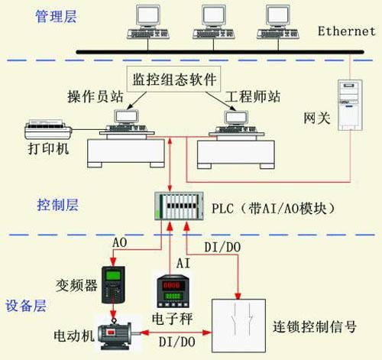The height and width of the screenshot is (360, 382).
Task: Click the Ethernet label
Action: [x=347, y=31]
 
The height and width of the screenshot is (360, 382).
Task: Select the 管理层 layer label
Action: [x=56, y=17]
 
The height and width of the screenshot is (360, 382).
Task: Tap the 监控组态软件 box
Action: [x=173, y=79]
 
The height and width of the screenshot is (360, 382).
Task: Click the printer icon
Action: [x=48, y=129]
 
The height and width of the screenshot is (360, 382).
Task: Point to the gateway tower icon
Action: [x=350, y=105]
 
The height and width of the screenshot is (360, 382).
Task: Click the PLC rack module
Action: [x=180, y=206]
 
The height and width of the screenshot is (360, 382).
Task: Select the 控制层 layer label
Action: [x=57, y=205]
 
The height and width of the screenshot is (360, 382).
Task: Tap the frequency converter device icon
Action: [x=113, y=284]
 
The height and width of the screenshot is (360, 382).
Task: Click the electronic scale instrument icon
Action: [x=173, y=291]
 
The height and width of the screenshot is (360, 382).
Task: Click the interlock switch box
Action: [x=238, y=326]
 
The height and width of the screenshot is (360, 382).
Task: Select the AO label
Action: [x=120, y=242]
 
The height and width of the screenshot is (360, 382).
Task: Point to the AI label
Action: [x=183, y=263]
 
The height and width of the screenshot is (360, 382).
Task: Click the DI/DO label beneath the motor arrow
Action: [x=177, y=342]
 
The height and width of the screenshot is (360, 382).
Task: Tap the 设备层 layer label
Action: [x=26, y=306]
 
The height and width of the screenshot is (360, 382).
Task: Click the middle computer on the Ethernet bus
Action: [x=213, y=22]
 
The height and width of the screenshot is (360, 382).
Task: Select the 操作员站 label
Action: [x=95, y=97]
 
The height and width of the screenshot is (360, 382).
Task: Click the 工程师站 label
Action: [x=252, y=97]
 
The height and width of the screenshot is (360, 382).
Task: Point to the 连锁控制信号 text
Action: [x=315, y=327]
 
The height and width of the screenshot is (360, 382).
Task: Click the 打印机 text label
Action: [x=48, y=148]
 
